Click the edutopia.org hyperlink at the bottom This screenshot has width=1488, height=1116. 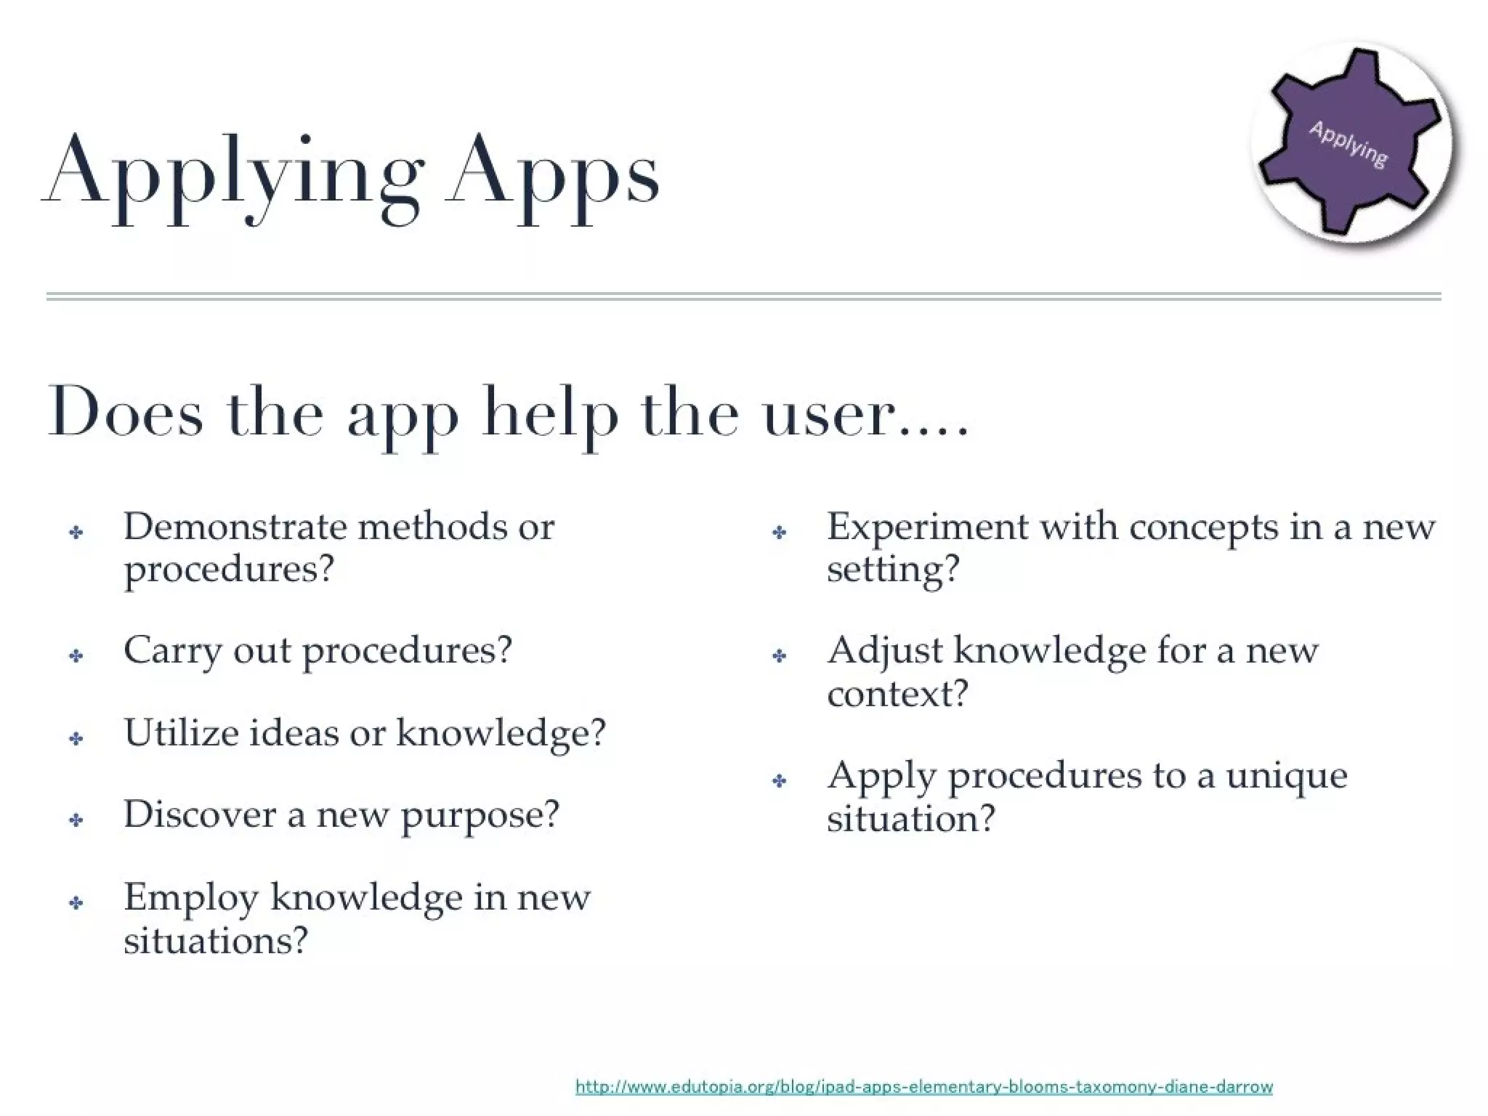point(923,1087)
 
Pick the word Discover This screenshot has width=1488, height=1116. point(200,814)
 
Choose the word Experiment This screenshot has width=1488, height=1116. point(927,527)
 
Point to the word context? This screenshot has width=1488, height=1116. point(897,693)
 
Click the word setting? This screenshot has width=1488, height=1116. point(893,569)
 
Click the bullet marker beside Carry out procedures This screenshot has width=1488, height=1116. point(76,656)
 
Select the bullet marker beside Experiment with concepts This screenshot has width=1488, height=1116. point(780,533)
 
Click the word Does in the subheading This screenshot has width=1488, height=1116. point(125,413)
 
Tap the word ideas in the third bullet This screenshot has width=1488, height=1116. point(294,732)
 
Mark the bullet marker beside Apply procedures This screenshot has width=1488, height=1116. point(780,781)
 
